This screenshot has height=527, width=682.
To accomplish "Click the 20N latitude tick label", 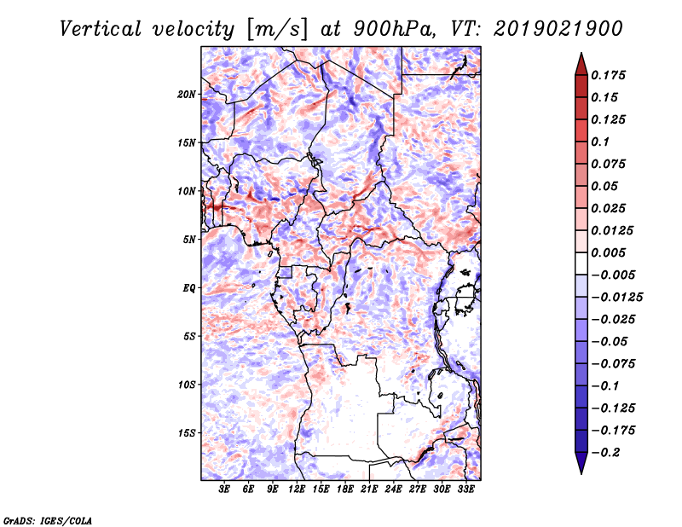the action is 187,95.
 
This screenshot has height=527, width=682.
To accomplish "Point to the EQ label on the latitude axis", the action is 188,288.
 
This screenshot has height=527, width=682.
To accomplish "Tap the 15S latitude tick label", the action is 187,433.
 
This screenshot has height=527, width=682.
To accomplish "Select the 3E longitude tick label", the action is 224,489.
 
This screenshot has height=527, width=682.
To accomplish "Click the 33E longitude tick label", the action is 465,489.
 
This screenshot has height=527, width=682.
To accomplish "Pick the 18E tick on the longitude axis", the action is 345,489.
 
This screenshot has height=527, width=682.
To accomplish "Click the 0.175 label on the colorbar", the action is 608,75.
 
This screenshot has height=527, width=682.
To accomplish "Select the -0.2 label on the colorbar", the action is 605,453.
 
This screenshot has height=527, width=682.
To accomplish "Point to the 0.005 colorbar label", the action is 608,252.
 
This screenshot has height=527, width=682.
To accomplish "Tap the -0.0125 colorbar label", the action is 616,298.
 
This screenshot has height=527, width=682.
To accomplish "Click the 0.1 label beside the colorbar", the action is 600,142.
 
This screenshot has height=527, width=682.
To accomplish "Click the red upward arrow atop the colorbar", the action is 581,64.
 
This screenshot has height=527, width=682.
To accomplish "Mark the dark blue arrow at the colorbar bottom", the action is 581,463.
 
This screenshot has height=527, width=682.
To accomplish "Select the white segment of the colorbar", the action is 581,263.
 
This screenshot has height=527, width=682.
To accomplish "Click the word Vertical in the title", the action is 101,29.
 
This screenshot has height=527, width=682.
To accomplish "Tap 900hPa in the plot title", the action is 395,29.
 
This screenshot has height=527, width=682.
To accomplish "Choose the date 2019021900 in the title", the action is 558,29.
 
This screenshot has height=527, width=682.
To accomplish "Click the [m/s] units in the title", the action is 277,30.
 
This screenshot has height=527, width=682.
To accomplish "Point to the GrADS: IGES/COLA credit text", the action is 48,521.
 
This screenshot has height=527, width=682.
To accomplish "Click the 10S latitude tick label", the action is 187,385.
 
